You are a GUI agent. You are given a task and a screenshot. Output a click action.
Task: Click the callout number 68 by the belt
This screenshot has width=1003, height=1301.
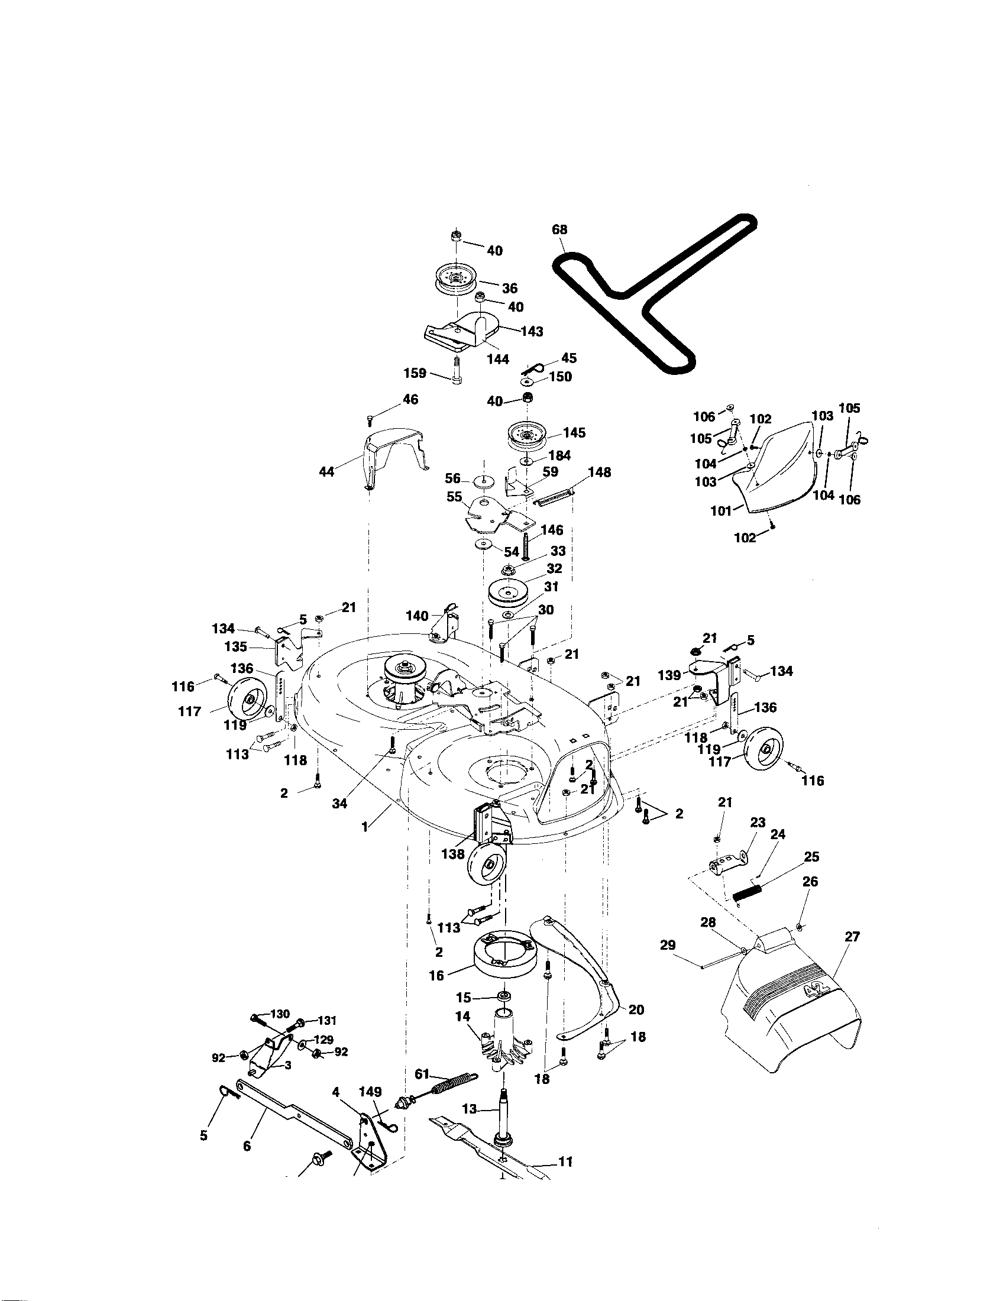coord(559,229)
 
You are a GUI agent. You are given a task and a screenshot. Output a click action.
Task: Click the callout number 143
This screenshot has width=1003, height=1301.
coord(531,331)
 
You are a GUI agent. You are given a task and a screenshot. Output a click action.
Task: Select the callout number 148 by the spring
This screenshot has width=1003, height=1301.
coord(599,472)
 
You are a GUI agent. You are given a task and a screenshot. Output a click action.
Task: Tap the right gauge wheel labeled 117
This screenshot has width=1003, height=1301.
coord(768,751)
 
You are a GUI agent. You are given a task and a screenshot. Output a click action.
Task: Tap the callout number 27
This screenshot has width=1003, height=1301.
coord(852,937)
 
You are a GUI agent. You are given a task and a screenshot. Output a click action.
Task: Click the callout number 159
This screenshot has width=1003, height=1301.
coord(415,374)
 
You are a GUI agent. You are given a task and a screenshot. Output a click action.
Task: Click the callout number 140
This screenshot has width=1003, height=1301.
coord(417,616)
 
